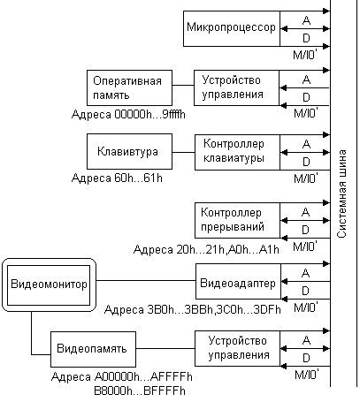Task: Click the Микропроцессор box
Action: [x=232, y=28]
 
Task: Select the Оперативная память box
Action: [x=129, y=87]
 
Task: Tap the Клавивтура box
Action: [x=129, y=152]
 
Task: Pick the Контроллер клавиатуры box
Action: [x=237, y=152]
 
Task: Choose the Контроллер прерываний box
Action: [x=237, y=220]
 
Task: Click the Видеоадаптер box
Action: [x=238, y=282]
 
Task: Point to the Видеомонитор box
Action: [x=49, y=285]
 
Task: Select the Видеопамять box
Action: [x=93, y=349]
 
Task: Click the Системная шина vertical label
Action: [x=341, y=193]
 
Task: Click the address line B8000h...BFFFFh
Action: [x=140, y=391]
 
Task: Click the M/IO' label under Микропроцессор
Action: [x=305, y=55]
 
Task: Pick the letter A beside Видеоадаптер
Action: [x=306, y=273]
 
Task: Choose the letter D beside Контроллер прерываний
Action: [x=305, y=230]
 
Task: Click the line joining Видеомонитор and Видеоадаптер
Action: [x=146, y=280]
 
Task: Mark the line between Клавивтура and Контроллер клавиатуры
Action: [x=183, y=152]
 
